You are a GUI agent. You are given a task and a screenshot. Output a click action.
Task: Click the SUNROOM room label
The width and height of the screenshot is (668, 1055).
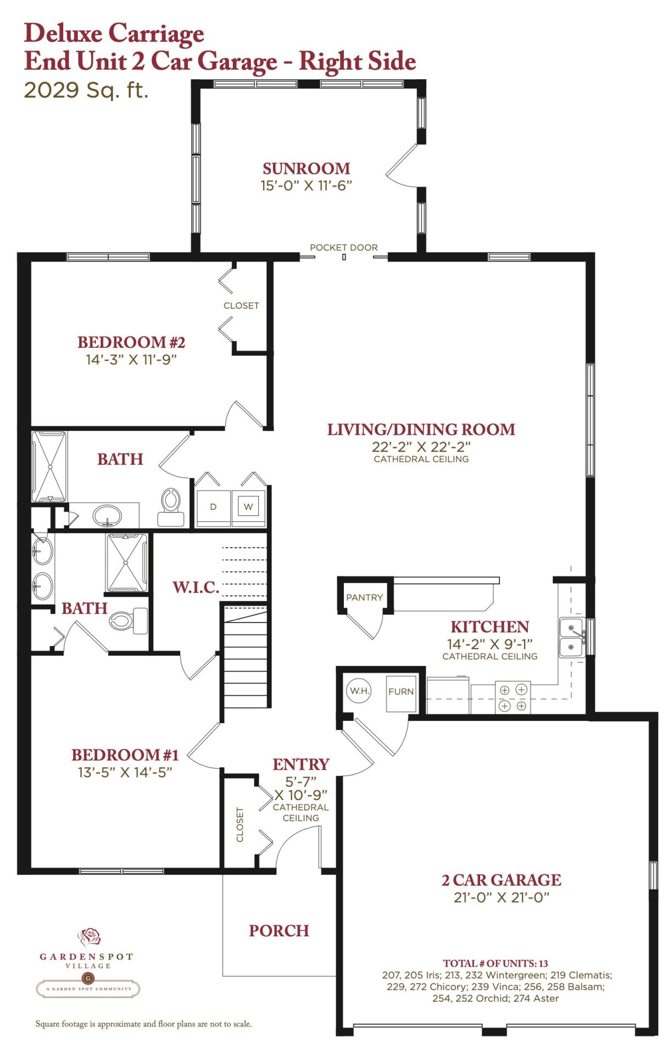[306, 168]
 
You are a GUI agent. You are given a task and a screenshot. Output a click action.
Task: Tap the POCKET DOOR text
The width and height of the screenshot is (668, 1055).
[344, 247]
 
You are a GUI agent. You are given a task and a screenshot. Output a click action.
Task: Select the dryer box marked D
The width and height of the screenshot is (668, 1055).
[213, 507]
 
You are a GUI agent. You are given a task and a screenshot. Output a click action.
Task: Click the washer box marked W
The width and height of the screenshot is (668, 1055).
[248, 507]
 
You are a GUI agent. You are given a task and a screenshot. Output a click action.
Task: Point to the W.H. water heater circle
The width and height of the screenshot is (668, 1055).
[359, 691]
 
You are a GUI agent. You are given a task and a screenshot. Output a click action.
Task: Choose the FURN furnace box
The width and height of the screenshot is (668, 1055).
[401, 693]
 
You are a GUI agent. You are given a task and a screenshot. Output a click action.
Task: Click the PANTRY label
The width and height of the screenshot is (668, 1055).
[364, 597]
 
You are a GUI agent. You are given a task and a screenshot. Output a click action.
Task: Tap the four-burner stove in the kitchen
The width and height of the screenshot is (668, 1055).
[513, 697]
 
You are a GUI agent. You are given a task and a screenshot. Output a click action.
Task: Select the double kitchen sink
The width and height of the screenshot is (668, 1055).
[572, 637]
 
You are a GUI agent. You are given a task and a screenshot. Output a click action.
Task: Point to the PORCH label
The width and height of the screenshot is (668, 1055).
[279, 930]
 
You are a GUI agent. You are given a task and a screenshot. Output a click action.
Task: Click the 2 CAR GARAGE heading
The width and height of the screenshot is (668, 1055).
[502, 880]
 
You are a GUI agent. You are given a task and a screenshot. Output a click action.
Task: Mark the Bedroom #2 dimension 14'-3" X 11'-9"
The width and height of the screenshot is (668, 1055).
[131, 359]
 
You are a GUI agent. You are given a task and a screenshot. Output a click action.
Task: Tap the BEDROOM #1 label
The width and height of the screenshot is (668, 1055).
[125, 754]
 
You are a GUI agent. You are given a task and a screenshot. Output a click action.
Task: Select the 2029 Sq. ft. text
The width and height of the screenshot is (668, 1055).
[86, 90]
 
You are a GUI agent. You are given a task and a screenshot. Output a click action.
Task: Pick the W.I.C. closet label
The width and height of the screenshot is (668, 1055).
[196, 587]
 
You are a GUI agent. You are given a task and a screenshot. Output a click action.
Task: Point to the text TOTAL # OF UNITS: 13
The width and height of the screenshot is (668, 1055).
[496, 963]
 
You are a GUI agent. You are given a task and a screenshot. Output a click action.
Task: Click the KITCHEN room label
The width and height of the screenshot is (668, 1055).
[489, 626]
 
